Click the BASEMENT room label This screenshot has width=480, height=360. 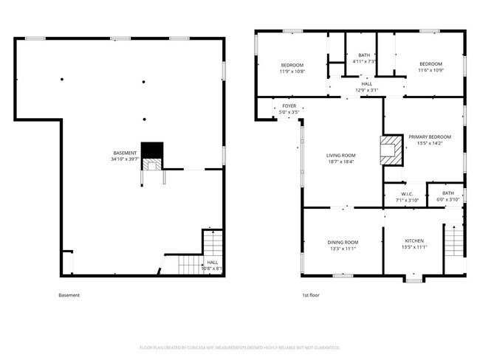pyautogui.click(x=125, y=153)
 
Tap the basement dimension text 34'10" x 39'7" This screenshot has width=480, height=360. pyautogui.click(x=125, y=159)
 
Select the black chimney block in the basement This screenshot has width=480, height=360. pyautogui.click(x=151, y=150)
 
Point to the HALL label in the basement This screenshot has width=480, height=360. pyautogui.click(x=212, y=262)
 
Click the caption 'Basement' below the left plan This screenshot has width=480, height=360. pyautogui.click(x=69, y=296)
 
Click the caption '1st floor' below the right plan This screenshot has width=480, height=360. pyautogui.click(x=310, y=296)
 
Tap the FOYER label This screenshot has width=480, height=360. pyautogui.click(x=289, y=106)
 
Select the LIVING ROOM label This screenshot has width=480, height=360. pyautogui.click(x=341, y=156)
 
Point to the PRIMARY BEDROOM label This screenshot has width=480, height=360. pyautogui.click(x=429, y=137)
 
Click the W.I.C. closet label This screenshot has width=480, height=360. pyautogui.click(x=407, y=194)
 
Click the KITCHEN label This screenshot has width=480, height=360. pyautogui.click(x=414, y=241)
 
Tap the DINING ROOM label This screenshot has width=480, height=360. pyautogui.click(x=343, y=243)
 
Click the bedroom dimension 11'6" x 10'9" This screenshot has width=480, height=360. pyautogui.click(x=430, y=70)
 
